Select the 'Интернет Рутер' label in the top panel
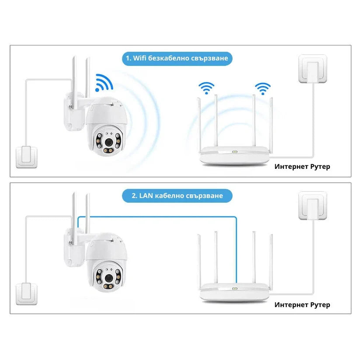tap(302, 166)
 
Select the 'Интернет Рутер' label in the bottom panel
tap(302, 304)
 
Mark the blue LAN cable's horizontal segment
tap(157, 217)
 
